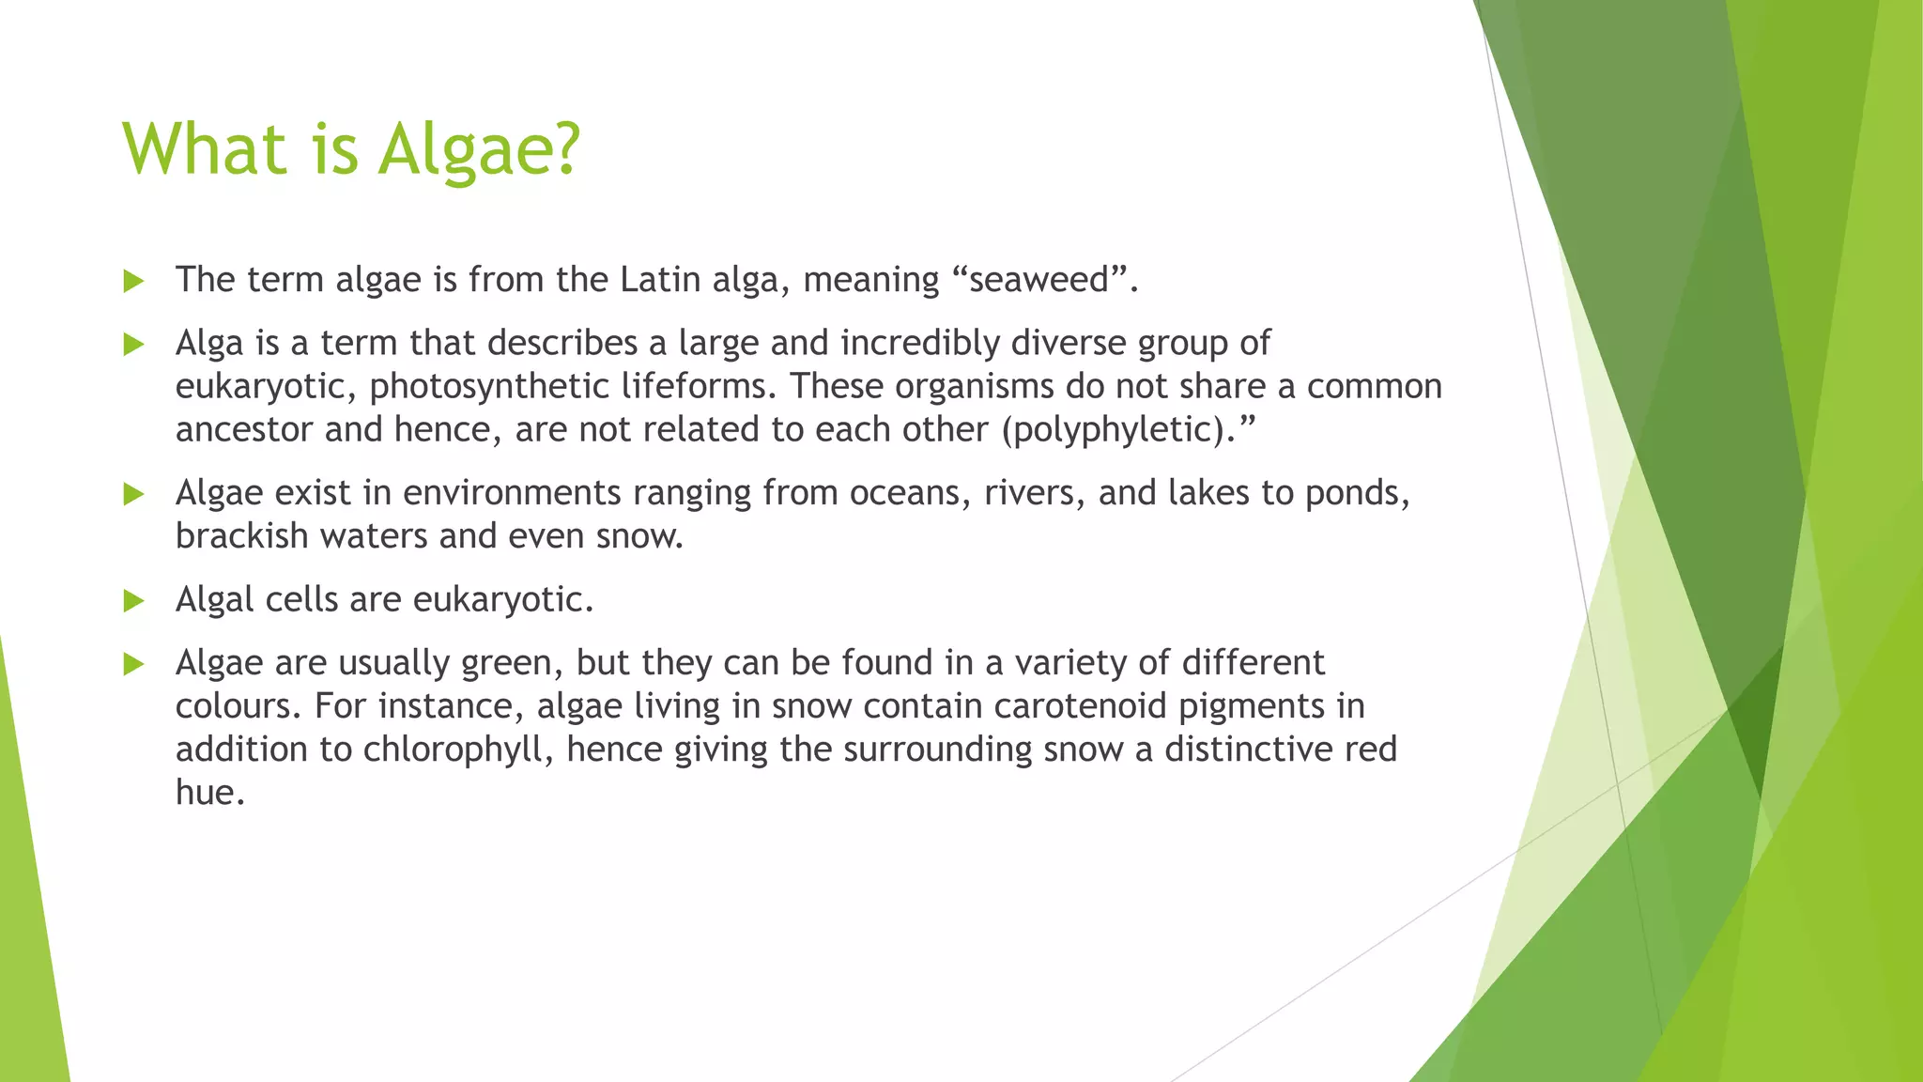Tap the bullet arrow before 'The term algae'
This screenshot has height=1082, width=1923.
[133, 281]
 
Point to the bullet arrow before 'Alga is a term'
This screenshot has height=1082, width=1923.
[133, 345]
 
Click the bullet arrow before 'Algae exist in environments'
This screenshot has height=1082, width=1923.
[133, 494]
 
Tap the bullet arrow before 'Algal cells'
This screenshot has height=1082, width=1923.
[133, 601]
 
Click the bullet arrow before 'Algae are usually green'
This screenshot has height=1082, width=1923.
[133, 665]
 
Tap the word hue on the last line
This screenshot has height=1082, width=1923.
[209, 793]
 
